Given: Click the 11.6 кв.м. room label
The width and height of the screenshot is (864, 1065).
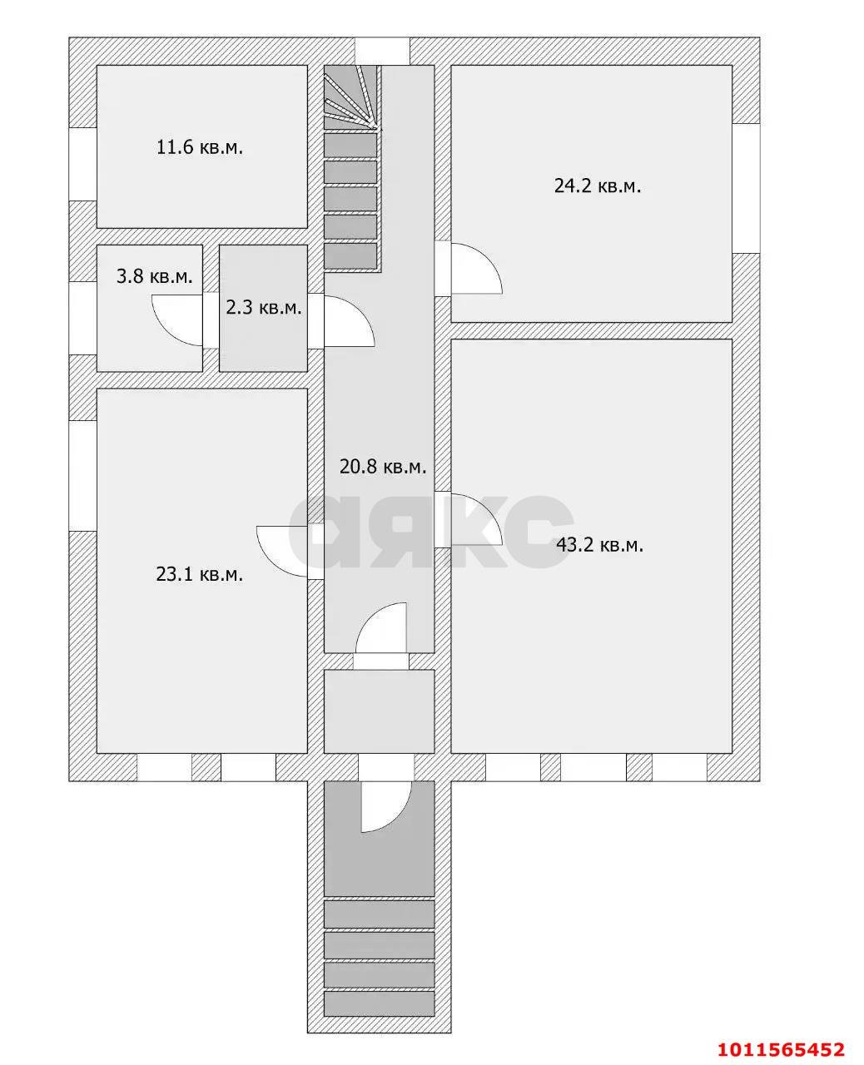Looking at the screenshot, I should coord(200,148).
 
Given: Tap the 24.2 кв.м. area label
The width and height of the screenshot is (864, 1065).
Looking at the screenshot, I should coord(598,186).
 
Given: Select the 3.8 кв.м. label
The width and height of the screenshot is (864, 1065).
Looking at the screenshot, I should coord(155,276).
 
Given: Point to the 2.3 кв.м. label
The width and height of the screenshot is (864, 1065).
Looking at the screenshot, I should coord(263,307).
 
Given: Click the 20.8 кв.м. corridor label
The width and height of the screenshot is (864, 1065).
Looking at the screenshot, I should coord(383,467).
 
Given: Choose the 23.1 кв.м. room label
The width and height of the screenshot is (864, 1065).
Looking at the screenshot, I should coord(200,573).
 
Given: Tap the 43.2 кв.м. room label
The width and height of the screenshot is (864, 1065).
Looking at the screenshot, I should coord(599,546).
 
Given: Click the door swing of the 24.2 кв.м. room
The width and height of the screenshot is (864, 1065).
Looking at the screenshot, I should coord(474,268).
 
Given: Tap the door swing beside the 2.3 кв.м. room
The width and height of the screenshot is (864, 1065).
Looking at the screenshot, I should coord(348,323).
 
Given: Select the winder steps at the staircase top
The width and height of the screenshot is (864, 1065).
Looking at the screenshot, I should coord(350,96).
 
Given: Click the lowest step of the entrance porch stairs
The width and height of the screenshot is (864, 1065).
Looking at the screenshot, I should coord(379,1003).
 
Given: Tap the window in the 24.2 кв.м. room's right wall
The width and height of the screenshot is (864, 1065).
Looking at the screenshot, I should coord(746,188).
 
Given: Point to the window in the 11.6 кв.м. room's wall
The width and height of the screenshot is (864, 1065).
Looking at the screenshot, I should coord(82,164).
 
